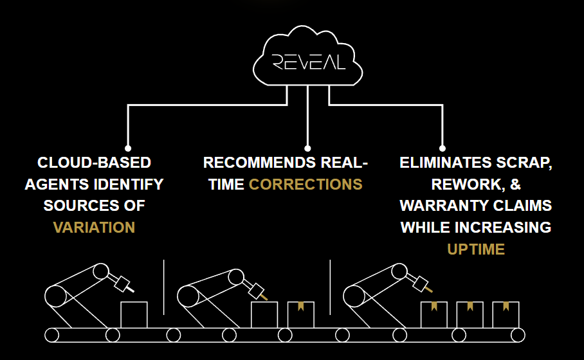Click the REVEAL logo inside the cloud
pos(308,62)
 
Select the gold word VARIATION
pos(94,228)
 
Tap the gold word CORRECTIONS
pos(306,184)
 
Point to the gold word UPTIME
pos(475,249)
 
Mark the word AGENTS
pos(54,184)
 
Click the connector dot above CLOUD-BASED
pos(128,148)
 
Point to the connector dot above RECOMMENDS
pos(307,148)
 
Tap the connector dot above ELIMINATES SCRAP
pos(442,148)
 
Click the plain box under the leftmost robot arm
pos(134,315)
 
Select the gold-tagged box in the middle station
pos(300,315)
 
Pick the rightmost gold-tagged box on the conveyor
pos(506,315)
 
